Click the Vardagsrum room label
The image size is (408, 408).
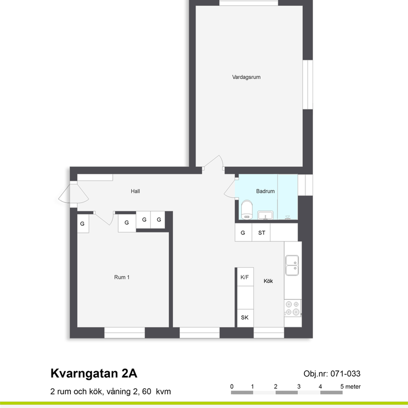tap(246, 77)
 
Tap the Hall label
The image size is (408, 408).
tap(136, 191)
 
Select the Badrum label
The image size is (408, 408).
tap(265, 191)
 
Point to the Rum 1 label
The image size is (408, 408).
tap(122, 277)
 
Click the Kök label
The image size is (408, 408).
tap(268, 281)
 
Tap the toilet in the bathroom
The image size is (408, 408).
tap(246, 210)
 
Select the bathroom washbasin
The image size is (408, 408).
tap(265, 215)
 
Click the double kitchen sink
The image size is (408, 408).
tap(292, 265)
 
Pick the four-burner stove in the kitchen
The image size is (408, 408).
tap(292, 308)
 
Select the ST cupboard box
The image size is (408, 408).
tap(261, 232)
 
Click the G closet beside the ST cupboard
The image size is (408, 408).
tap(243, 232)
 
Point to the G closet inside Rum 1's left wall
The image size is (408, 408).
tap(83, 223)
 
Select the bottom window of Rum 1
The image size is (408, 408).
tap(125, 332)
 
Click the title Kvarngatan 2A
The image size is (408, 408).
tap(93, 374)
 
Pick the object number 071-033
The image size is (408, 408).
tap(345, 374)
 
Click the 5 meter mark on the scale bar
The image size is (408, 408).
tap(350, 387)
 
